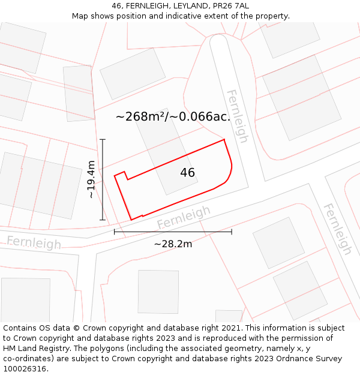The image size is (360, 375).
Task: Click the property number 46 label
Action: tap(188, 173)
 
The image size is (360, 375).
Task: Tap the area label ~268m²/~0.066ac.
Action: tap(173, 116)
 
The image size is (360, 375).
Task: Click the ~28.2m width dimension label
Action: tap(173, 244)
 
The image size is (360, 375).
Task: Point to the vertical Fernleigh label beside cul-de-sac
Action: tap(236, 116)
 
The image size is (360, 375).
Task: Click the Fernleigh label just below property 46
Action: tap(184, 217)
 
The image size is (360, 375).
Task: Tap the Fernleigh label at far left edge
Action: tap(34, 242)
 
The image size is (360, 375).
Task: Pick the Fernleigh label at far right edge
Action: tap(338, 229)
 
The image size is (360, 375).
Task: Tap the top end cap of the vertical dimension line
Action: tap(103, 140)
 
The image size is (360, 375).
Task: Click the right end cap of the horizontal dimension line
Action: tap(232, 232)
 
